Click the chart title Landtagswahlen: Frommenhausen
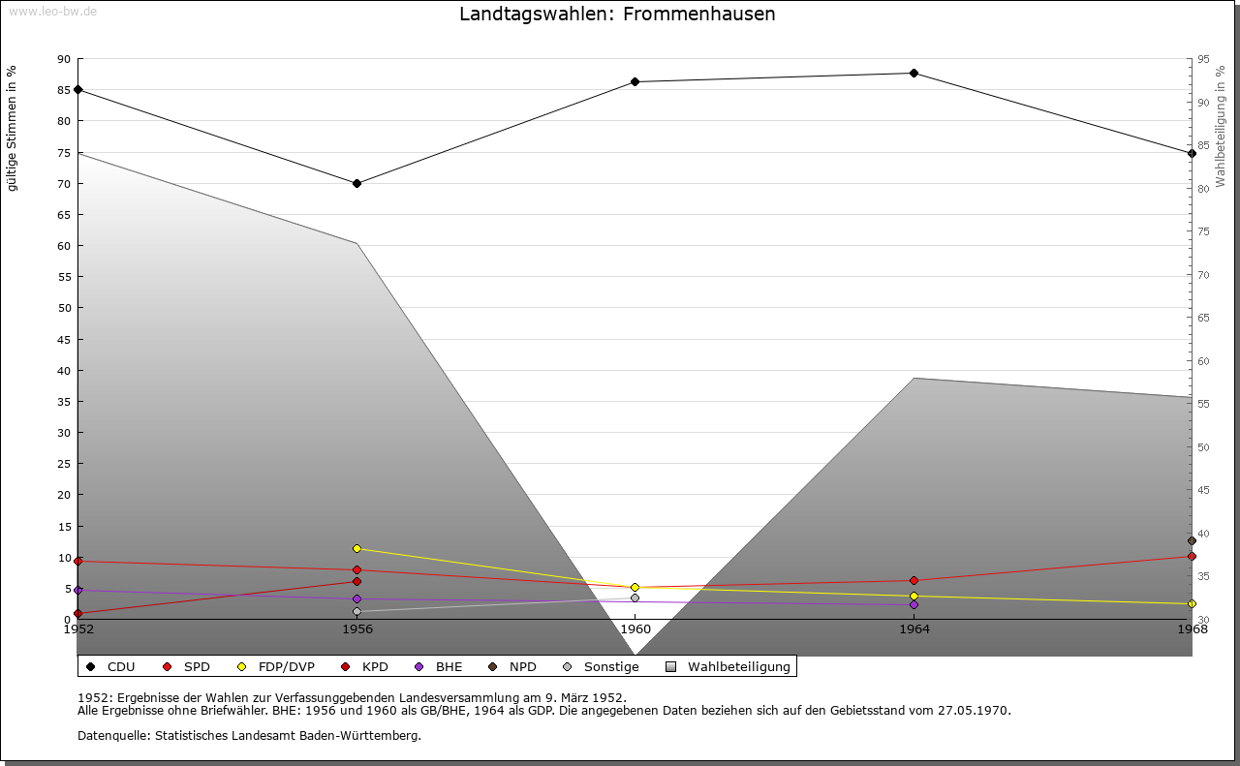[x=617, y=14]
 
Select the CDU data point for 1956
[x=357, y=183]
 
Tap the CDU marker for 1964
[x=914, y=73]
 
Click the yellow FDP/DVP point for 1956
[x=357, y=548]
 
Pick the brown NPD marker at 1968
[x=1192, y=540]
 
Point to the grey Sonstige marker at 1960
[x=635, y=597]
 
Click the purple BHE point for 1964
[x=914, y=605]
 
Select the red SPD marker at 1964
[x=914, y=581]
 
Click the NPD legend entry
[x=512, y=667]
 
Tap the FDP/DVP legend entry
[x=276, y=667]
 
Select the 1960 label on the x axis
[x=635, y=629]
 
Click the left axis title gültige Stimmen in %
[x=12, y=129]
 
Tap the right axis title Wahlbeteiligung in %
[x=1220, y=127]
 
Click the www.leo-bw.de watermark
[x=52, y=12]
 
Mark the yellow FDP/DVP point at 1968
[x=1192, y=604]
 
